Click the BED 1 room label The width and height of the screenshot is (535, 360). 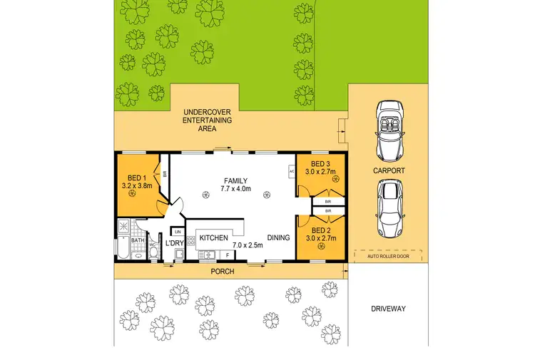coord(138,178)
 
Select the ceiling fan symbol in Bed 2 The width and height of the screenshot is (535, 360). coord(316,247)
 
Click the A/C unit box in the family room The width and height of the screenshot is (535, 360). coord(292,172)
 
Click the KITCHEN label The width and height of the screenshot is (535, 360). coord(213,237)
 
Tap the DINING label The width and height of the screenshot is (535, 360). coord(279,237)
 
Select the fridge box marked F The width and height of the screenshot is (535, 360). coord(226,254)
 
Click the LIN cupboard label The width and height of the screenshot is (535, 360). coord(178,233)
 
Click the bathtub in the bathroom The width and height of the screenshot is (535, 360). coord(123,250)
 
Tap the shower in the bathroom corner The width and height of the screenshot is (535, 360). coord(122,227)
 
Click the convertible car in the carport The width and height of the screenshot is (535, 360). coord(389,130)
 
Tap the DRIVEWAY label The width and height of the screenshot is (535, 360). coord(388,309)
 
